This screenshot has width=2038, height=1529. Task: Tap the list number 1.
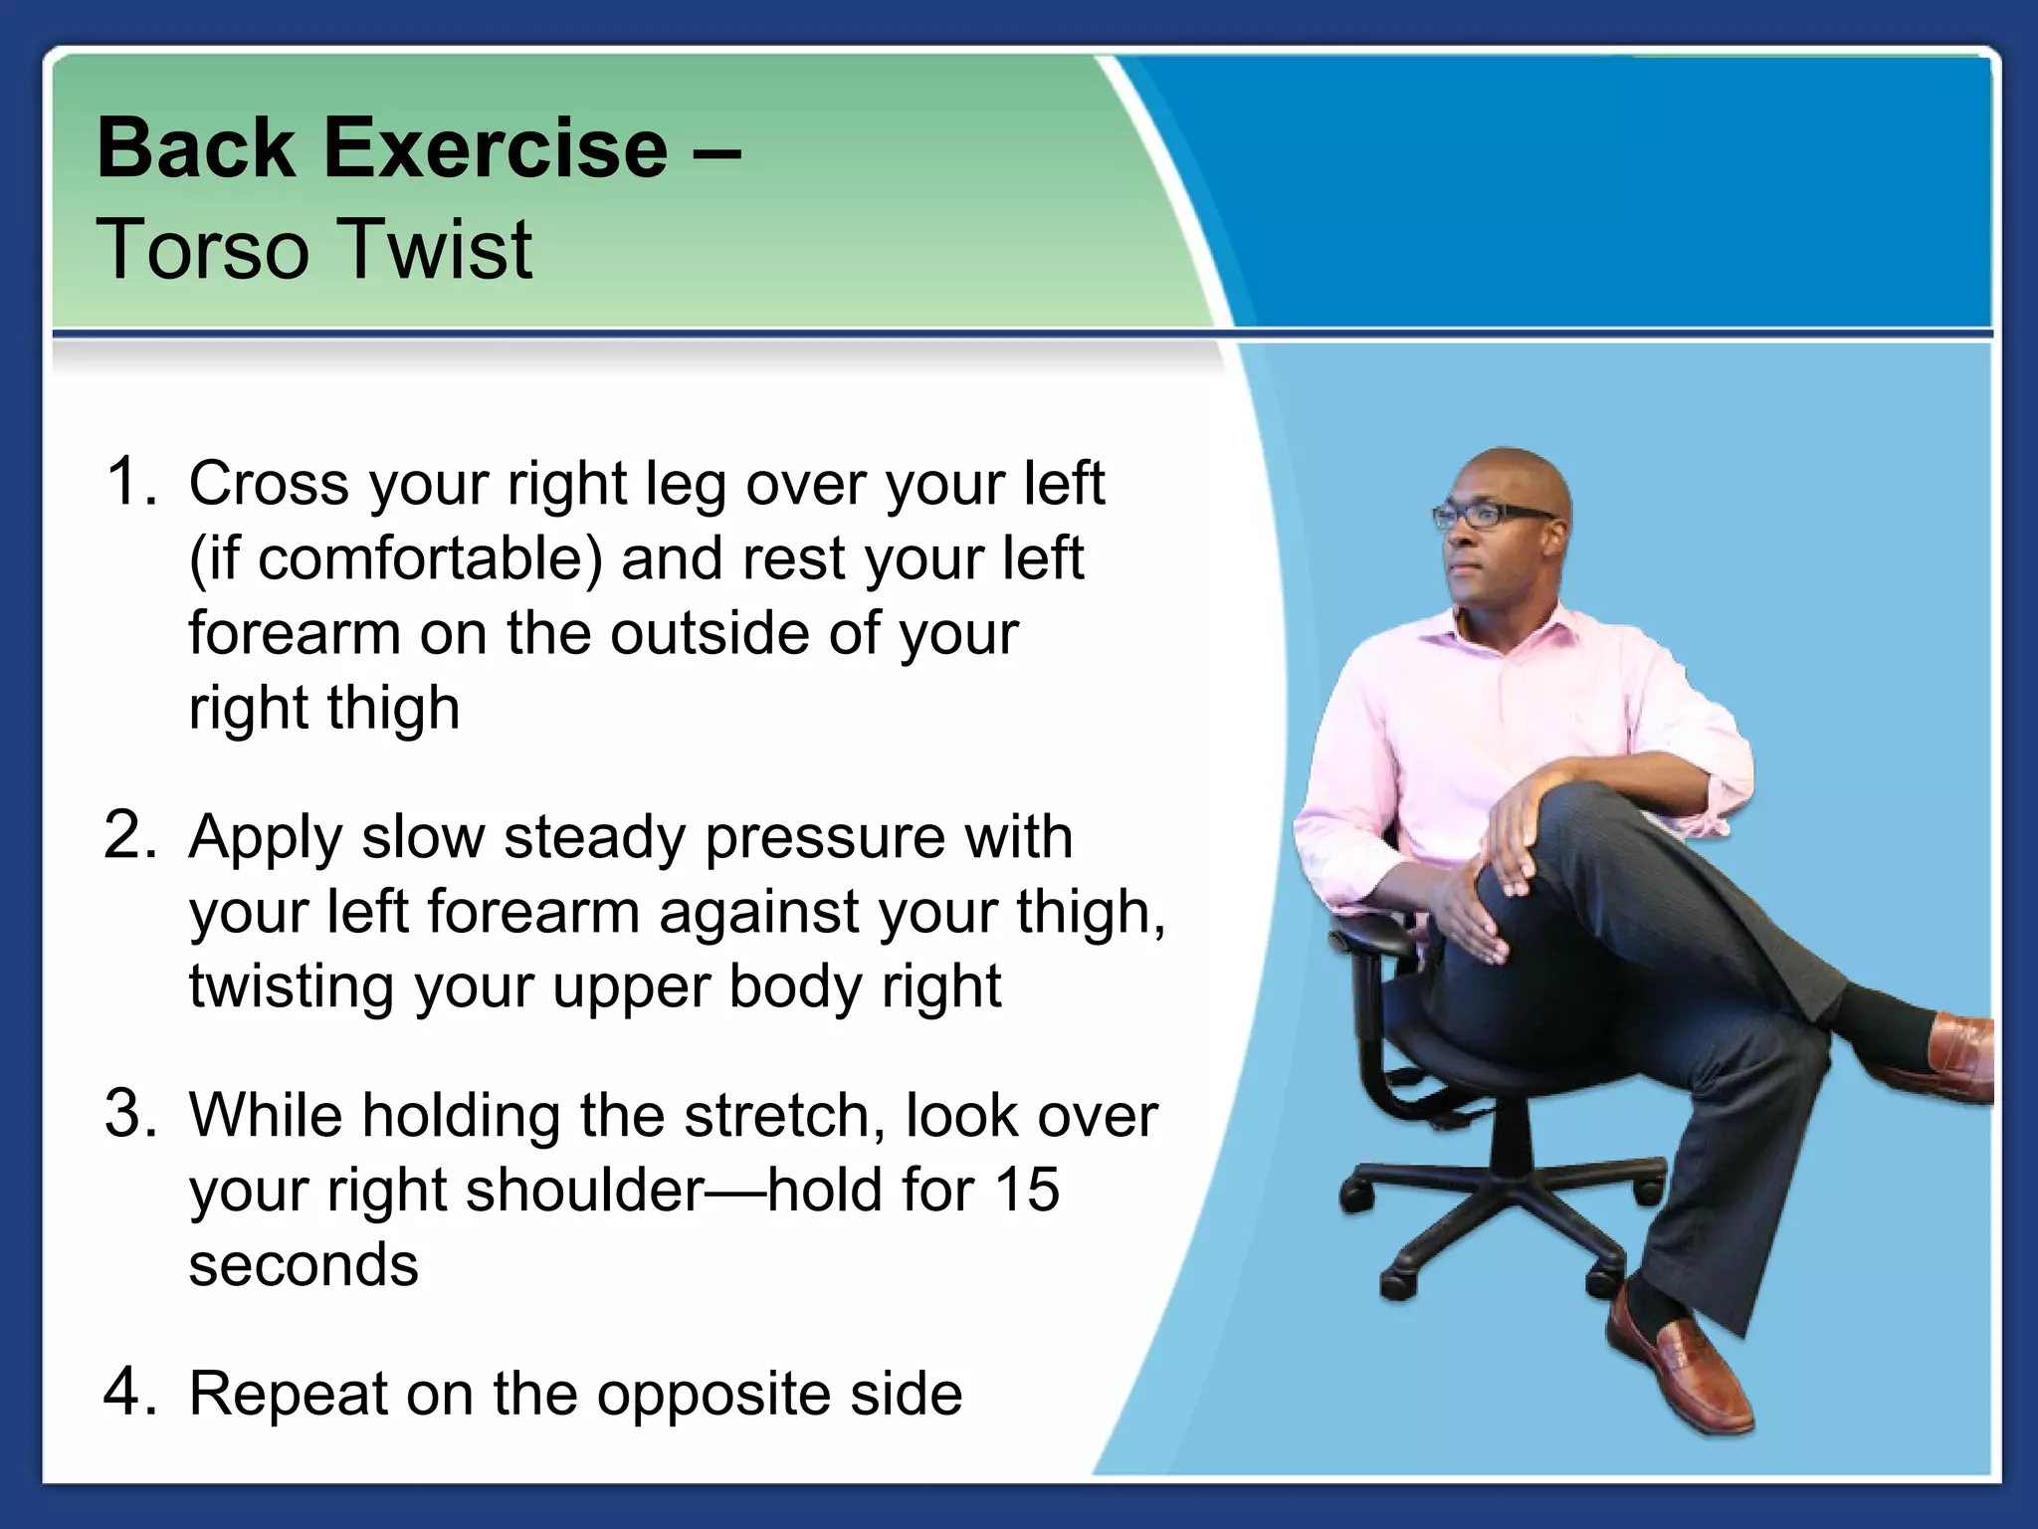coord(130,482)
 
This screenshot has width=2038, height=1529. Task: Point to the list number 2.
coord(130,835)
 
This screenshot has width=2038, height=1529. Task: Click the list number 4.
coord(130,1392)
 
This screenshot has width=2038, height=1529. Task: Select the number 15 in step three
coord(1026,1190)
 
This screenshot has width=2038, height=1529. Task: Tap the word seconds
coord(304,1265)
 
